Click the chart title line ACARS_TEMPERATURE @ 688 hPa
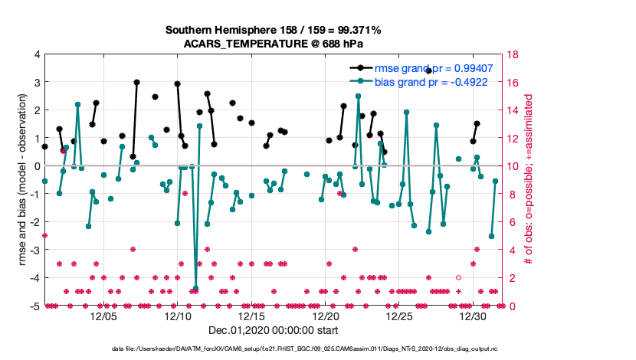tap(274, 44)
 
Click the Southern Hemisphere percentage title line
tap(274, 30)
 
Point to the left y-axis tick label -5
tap(35, 306)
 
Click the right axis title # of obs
tap(529, 180)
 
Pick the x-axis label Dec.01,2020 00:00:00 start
tap(274, 330)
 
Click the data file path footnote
tap(274, 349)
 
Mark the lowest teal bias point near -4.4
tap(196, 288)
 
